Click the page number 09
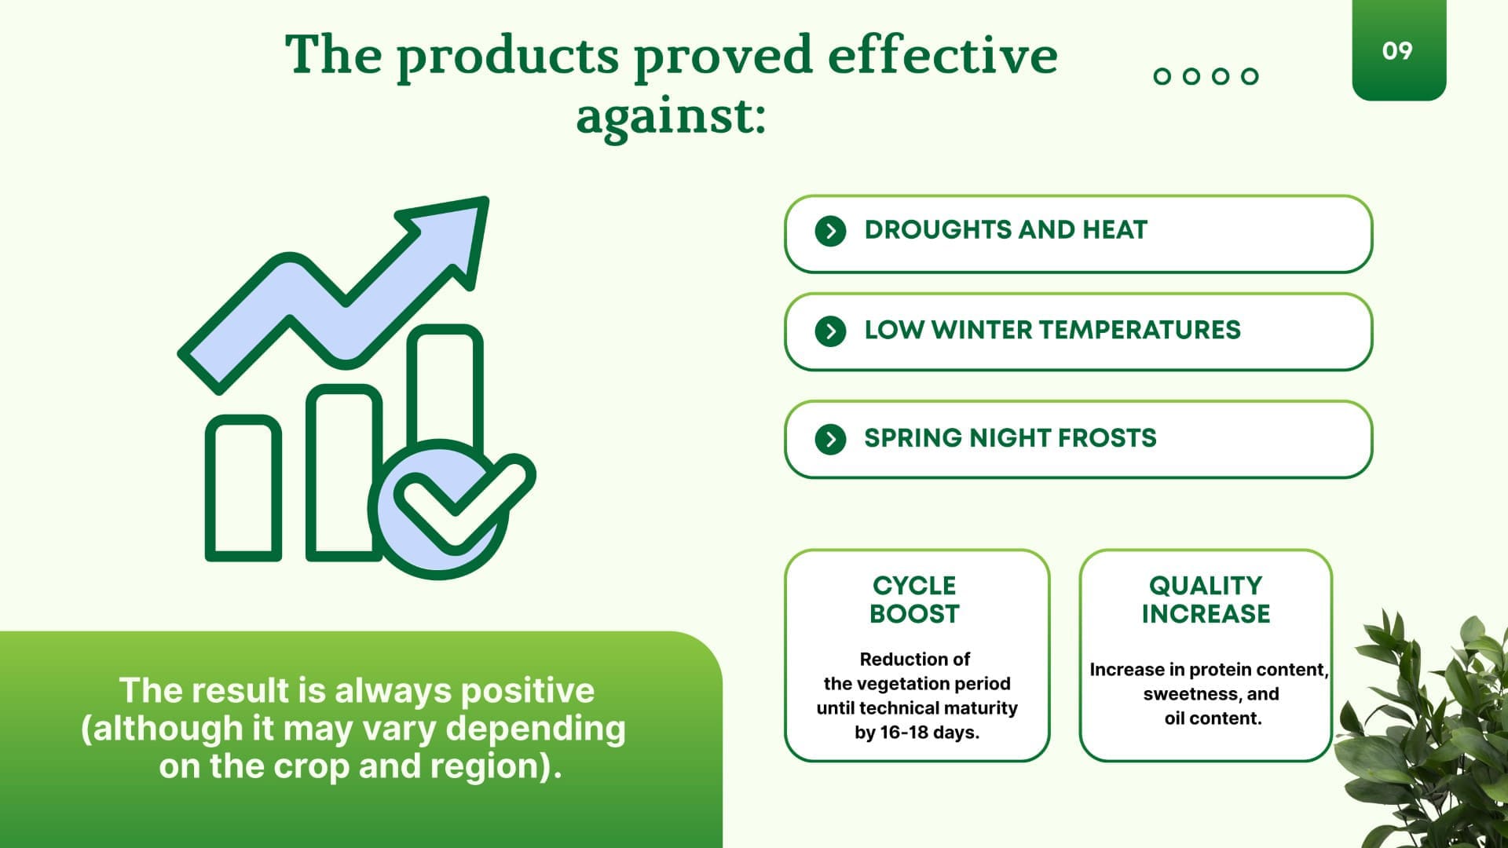tap(1397, 51)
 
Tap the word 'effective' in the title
tap(942, 55)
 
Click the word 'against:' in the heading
tap(671, 117)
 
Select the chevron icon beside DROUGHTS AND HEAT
tap(830, 231)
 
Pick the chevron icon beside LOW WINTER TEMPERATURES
tap(830, 331)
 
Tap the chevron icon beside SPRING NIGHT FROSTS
tap(830, 438)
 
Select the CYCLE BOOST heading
tap(915, 599)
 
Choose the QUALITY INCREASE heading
tap(1206, 599)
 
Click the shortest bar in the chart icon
tap(243, 488)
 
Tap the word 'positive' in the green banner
tap(527, 691)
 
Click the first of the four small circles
tap(1162, 76)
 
